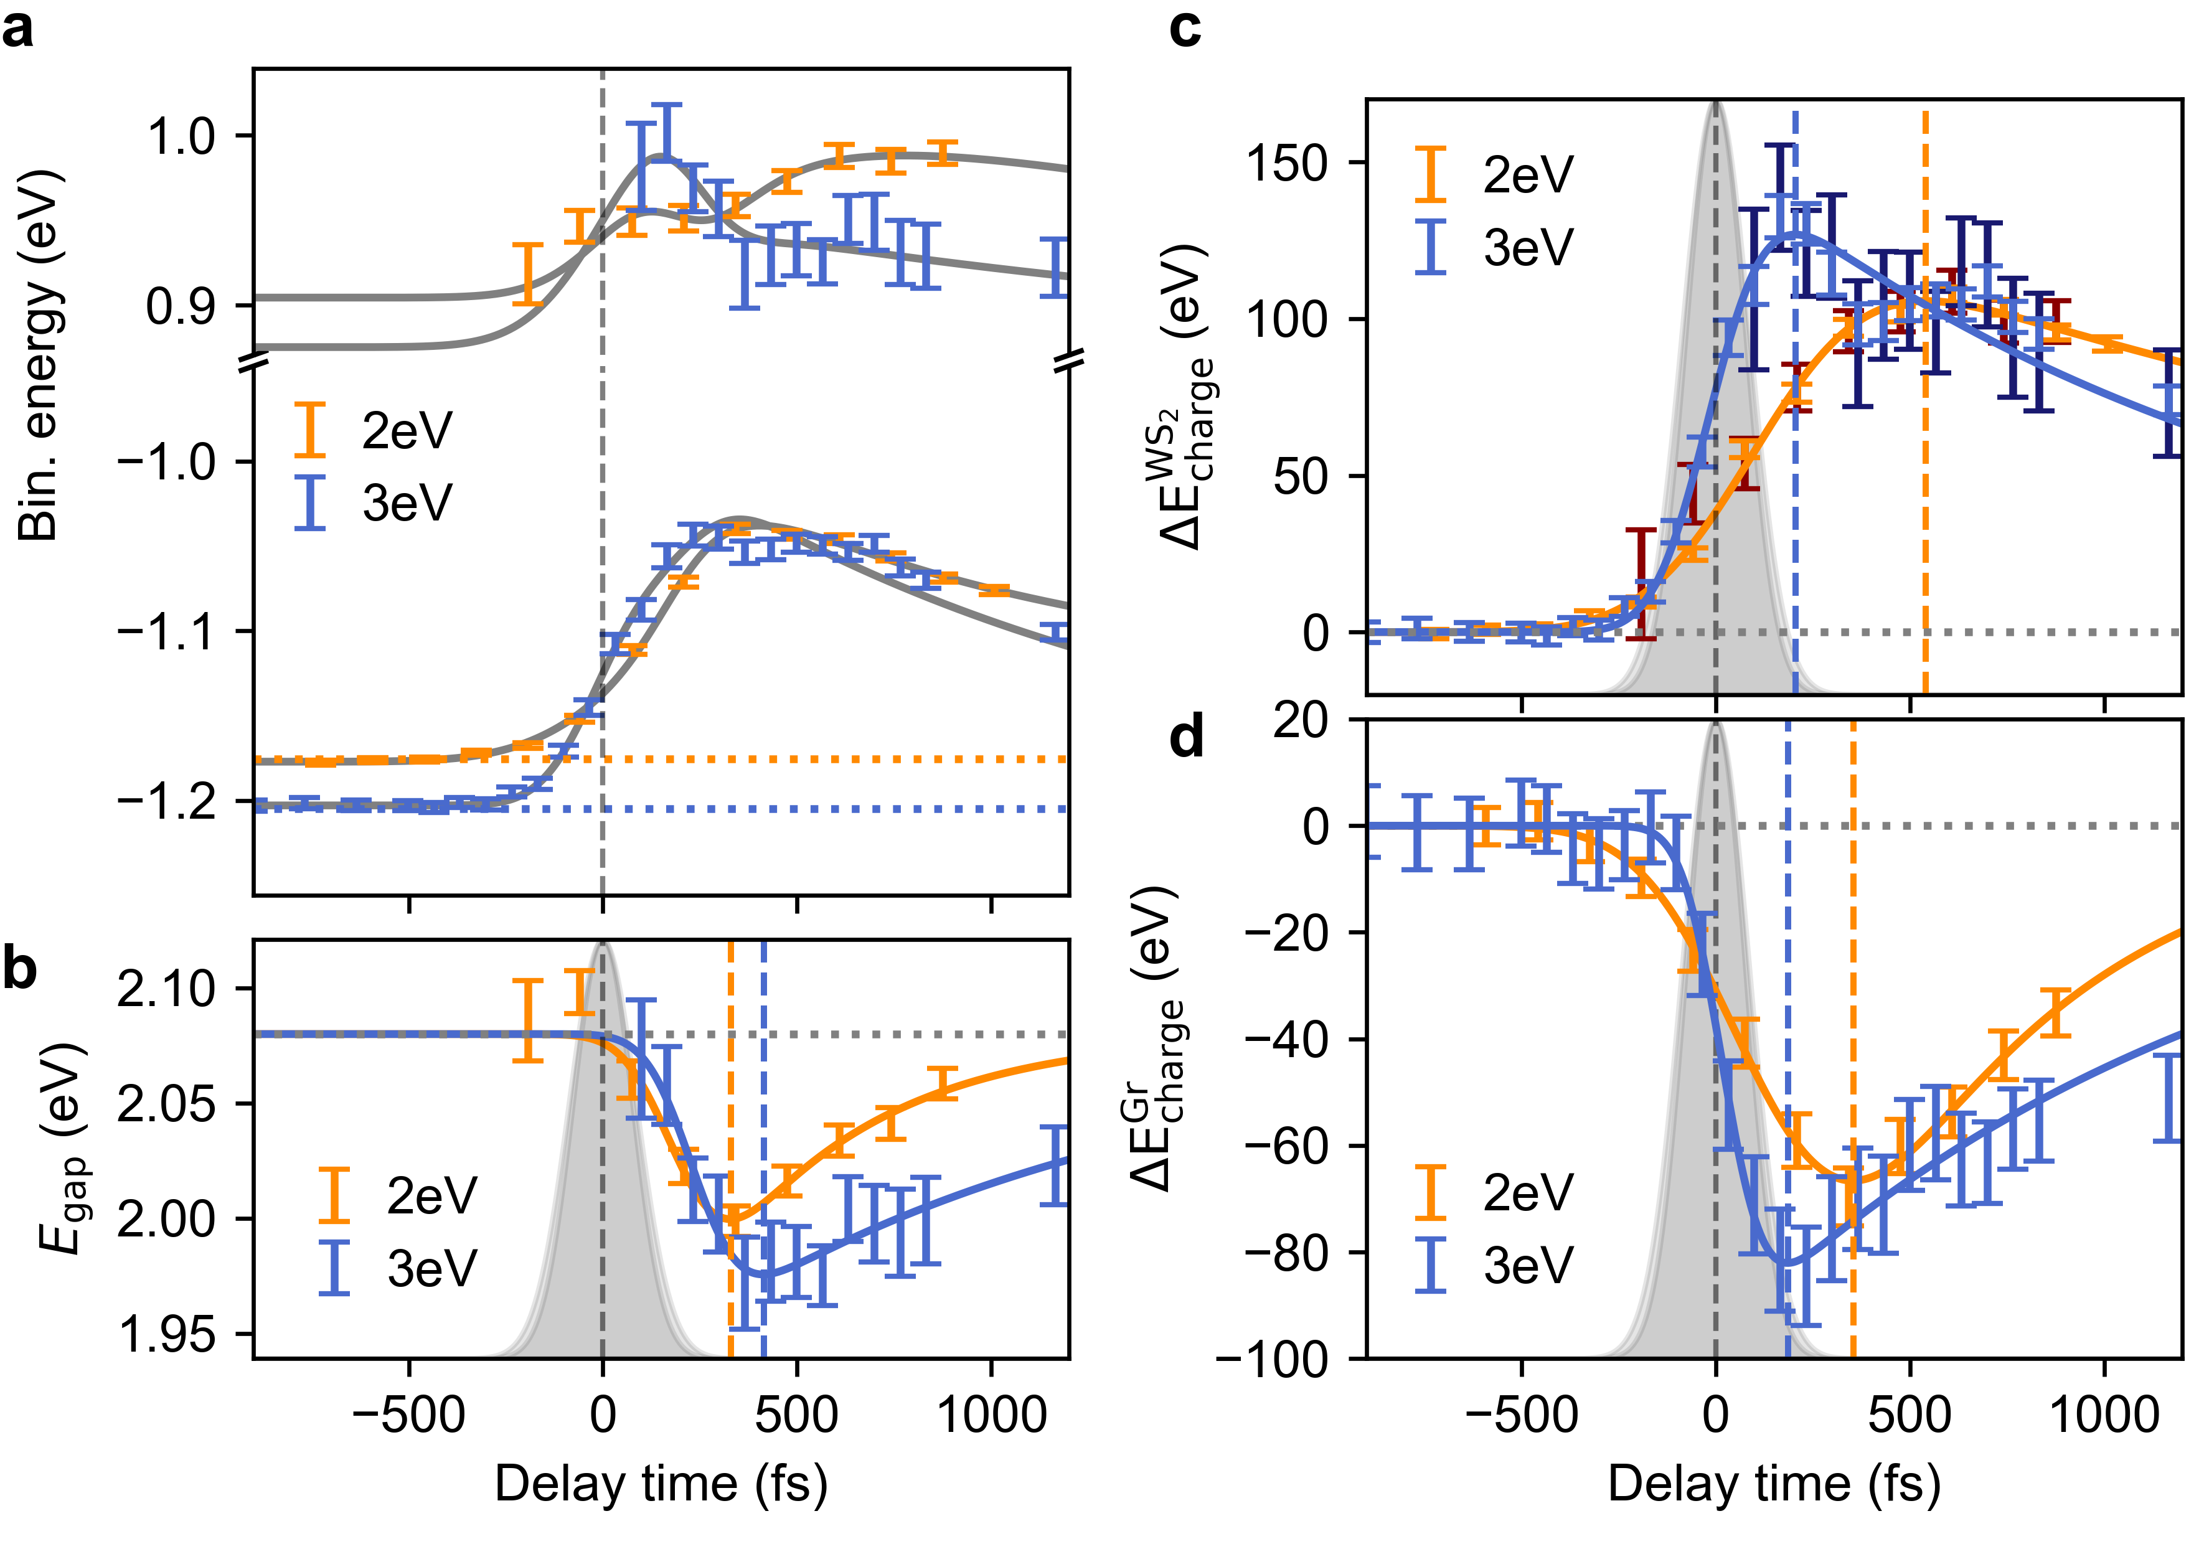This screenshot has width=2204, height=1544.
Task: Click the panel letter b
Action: (x=19, y=970)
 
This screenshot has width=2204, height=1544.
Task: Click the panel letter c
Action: (x=1185, y=31)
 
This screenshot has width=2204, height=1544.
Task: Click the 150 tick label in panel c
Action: (x=1286, y=162)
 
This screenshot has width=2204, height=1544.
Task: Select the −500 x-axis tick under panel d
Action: (x=1522, y=1415)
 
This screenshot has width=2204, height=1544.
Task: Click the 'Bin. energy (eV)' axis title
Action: (x=40, y=355)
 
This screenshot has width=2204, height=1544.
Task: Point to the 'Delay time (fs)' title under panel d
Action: (x=1774, y=1484)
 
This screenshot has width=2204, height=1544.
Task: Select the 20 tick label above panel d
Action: (x=1300, y=720)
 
